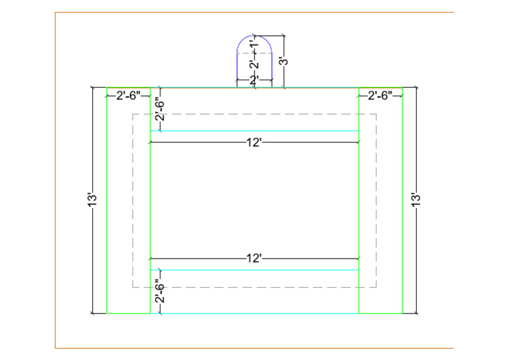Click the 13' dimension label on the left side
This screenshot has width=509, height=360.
click(93, 200)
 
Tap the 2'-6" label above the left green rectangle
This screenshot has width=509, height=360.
click(129, 95)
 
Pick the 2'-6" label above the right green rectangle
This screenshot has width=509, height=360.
click(380, 95)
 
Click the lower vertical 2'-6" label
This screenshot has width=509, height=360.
click(160, 291)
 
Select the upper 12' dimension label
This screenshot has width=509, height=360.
click(254, 143)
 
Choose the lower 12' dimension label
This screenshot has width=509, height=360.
click(254, 259)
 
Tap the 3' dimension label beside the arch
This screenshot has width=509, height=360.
click(284, 61)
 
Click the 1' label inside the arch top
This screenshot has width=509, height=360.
click(255, 42)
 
